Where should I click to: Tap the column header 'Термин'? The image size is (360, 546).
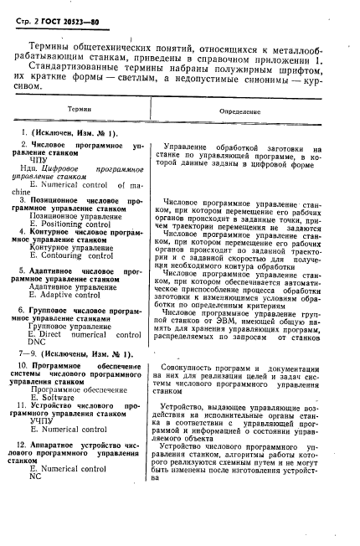pos(80,110)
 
